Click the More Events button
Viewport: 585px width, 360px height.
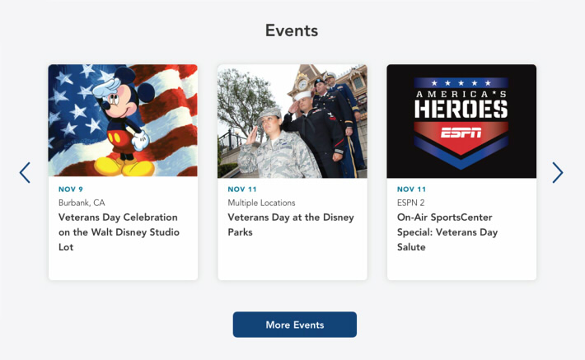295,325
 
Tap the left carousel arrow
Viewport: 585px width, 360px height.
25,172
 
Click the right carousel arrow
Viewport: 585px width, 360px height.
557,172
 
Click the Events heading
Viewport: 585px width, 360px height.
292,30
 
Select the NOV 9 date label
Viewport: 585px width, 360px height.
71,189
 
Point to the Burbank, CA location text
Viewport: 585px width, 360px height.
82,203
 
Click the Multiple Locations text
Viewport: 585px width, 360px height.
261,203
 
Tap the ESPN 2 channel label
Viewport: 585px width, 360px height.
411,203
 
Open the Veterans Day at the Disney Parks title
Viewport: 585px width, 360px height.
291,225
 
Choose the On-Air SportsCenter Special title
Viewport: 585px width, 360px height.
447,232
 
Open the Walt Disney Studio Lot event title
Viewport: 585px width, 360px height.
119,232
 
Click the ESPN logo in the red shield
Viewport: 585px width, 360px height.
461,133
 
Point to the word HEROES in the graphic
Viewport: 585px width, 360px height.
461,109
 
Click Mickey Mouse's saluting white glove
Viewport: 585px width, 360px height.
106,87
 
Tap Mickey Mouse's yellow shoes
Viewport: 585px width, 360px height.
124,166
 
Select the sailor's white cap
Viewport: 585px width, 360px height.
302,96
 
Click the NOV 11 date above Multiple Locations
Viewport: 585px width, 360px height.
242,189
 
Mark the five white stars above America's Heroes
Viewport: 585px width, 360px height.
461,83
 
